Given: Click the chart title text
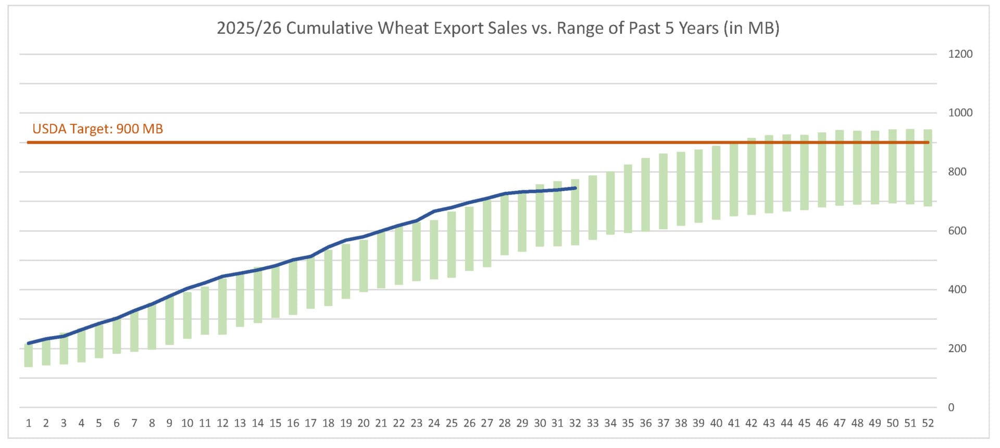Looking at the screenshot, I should tap(498, 28).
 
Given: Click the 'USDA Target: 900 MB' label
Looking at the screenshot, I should tap(97, 129).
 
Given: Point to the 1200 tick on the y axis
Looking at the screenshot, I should tap(960, 54).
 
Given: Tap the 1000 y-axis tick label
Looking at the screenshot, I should tap(960, 113).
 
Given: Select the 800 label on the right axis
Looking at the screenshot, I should tap(957, 171).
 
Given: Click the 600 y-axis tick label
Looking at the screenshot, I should tap(957, 230).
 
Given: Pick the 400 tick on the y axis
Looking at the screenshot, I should tap(957, 289).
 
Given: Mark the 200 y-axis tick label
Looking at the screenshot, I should tap(957, 348).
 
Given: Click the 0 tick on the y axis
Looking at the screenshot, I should tap(951, 407).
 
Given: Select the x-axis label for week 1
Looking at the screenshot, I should tap(29, 423).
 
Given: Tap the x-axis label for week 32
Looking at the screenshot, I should tap(574, 423).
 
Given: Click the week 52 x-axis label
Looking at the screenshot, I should tap(928, 423).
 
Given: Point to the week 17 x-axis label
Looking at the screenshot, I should tap(310, 423).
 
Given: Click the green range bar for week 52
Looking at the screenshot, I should tap(928, 168).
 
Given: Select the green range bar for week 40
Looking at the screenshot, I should tap(716, 182).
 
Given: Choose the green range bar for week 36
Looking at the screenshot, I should tap(645, 194).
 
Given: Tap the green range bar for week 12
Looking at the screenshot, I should tap(222, 305).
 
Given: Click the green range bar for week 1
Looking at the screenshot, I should tap(29, 355).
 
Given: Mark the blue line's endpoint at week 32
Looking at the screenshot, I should tap(574, 188).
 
